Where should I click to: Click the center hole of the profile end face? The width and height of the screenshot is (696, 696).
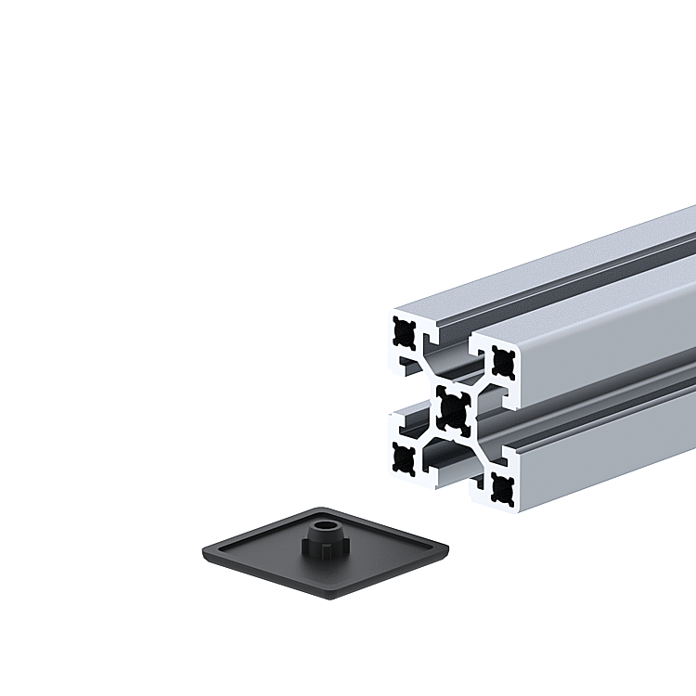[x=453, y=408]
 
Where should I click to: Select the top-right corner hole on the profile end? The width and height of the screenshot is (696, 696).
[x=503, y=360]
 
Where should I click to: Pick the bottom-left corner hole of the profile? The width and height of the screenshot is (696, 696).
[x=404, y=457]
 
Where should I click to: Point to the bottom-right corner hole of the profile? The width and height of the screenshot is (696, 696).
[x=503, y=485]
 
